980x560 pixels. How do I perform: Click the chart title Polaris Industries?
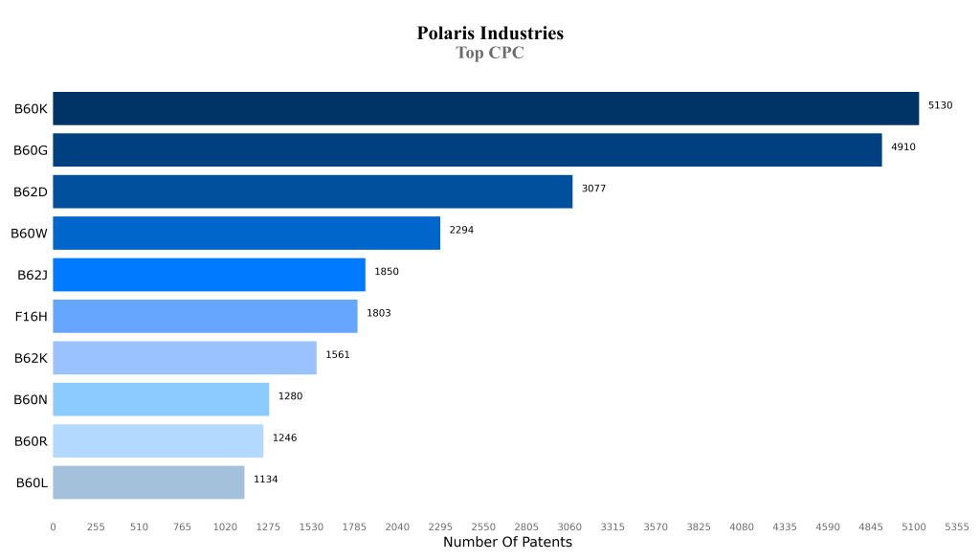tap(490, 34)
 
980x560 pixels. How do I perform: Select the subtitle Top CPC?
tap(490, 54)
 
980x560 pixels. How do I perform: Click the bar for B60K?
tap(485, 108)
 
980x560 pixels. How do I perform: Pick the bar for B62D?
tap(312, 191)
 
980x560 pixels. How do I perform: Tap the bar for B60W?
tap(246, 233)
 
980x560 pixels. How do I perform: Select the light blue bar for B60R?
tap(158, 440)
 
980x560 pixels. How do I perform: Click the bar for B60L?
tap(148, 482)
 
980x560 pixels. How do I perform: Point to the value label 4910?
tap(902, 146)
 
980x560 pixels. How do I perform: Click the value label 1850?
tap(387, 272)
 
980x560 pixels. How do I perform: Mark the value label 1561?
tap(338, 354)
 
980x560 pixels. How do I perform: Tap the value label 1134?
tap(265, 479)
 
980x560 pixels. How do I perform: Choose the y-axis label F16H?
tap(31, 316)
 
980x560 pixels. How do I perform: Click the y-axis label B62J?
tap(33, 275)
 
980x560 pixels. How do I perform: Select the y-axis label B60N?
tap(31, 399)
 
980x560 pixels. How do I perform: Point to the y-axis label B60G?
tap(31, 150)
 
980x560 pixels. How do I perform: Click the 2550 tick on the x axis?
tap(483, 526)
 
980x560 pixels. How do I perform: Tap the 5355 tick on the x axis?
tap(956, 526)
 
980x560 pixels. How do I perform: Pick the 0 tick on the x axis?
tap(53, 526)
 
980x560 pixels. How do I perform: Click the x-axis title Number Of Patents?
tap(507, 543)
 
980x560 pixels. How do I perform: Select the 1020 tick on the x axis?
tap(225, 526)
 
